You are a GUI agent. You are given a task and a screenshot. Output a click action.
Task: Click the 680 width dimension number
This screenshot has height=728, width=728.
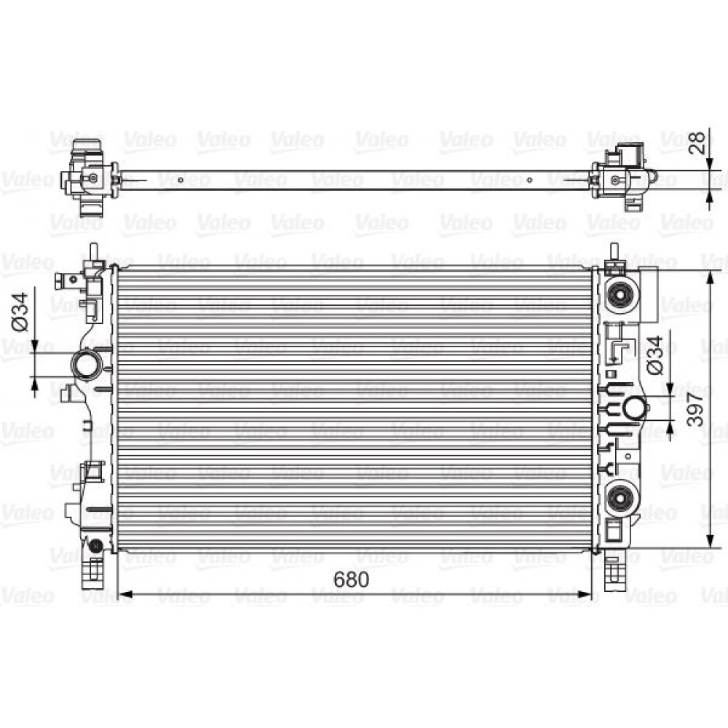(352, 579)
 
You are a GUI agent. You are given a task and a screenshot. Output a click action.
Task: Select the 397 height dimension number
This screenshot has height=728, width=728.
(695, 409)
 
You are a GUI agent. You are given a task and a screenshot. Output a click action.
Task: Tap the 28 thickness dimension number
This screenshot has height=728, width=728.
(697, 143)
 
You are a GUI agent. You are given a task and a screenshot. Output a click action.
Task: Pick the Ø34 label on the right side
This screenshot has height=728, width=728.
(654, 355)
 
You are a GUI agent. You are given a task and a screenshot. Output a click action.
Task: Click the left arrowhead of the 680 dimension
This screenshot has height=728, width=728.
(126, 594)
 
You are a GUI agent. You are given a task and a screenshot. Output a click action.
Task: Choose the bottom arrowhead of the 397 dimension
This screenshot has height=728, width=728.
(709, 540)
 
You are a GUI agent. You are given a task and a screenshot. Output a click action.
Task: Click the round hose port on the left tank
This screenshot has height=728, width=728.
(85, 365)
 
